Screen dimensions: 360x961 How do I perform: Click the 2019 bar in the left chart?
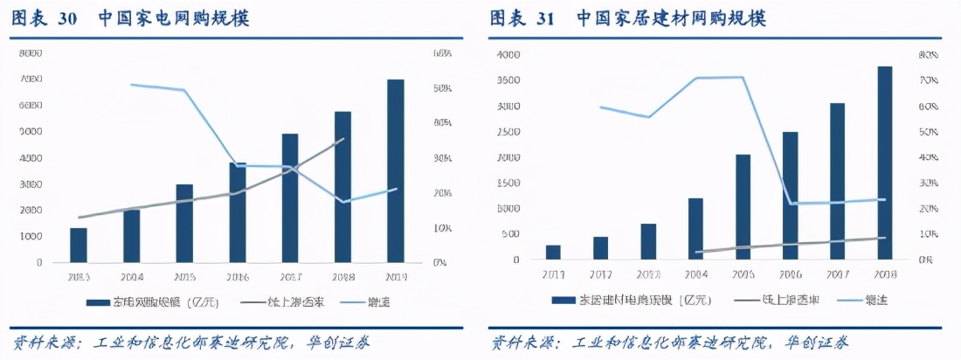(x=396, y=170)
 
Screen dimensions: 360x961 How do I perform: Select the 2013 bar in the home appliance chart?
(x=79, y=245)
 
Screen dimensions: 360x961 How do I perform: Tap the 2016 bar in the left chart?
(x=237, y=212)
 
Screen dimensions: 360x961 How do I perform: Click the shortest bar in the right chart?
(x=553, y=252)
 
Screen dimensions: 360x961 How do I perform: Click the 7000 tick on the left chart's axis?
(x=31, y=80)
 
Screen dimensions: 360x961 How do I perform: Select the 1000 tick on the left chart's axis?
(x=31, y=237)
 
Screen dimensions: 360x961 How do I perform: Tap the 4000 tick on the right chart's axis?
(x=508, y=54)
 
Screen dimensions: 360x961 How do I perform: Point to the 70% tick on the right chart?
(x=928, y=80)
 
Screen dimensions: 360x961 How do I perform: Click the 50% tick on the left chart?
(x=442, y=89)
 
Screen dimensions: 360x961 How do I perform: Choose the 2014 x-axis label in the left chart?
(x=131, y=276)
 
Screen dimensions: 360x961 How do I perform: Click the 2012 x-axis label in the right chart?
(x=600, y=273)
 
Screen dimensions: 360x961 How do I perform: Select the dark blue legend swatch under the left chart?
(x=96, y=302)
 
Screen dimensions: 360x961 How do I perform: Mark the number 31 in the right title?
(x=545, y=18)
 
